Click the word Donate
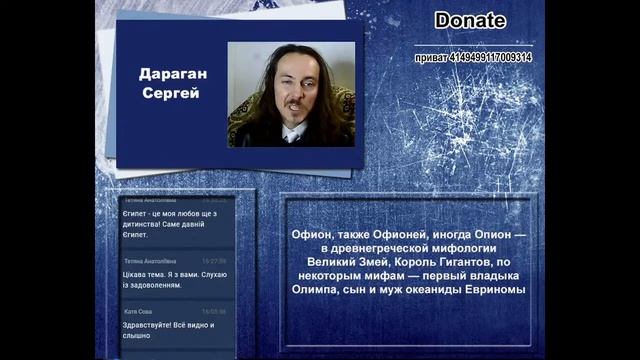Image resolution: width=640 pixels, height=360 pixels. point(470,20)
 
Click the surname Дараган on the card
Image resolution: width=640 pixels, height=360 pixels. point(170,74)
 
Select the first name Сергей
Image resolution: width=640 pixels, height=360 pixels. point(170,93)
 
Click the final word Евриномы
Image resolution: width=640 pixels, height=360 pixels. point(491,289)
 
